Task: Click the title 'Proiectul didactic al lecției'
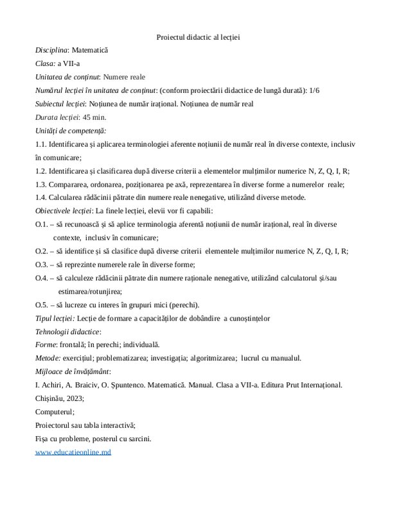(198, 37)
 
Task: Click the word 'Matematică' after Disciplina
(90, 49)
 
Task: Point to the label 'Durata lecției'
(57, 117)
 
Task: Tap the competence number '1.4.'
(42, 198)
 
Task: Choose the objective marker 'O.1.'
(42, 224)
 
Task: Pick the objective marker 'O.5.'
(42, 305)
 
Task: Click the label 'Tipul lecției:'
(55, 318)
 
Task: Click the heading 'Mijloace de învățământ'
(72, 371)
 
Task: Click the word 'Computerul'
(55, 412)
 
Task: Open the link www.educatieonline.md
(73, 452)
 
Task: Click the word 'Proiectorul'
(55, 425)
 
